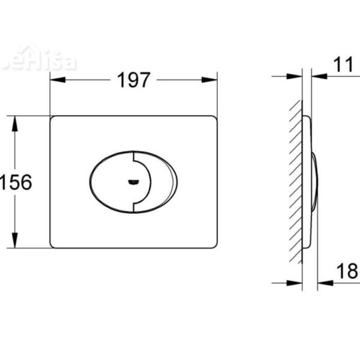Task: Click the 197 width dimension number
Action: click(x=133, y=80)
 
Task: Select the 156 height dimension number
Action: click(x=16, y=182)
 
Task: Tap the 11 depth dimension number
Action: click(x=343, y=65)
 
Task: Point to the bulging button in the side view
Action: click(x=314, y=182)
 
